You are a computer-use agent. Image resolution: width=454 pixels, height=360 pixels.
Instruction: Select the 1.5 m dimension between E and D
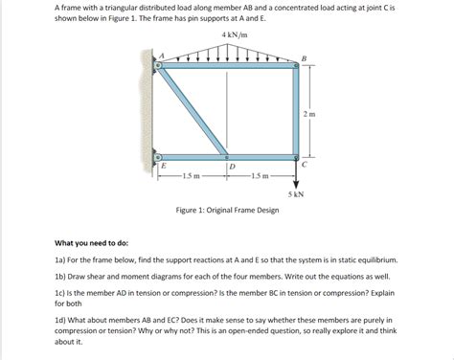pyautogui.click(x=193, y=175)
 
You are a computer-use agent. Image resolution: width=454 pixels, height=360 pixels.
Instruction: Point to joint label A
pyautogui.click(x=162, y=54)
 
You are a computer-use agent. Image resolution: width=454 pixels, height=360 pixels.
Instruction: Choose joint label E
pyautogui.click(x=163, y=167)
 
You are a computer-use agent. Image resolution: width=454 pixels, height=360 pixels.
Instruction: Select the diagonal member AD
pyautogui.click(x=194, y=112)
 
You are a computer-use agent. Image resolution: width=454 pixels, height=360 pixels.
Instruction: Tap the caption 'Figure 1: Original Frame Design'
pyautogui.click(x=226, y=209)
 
